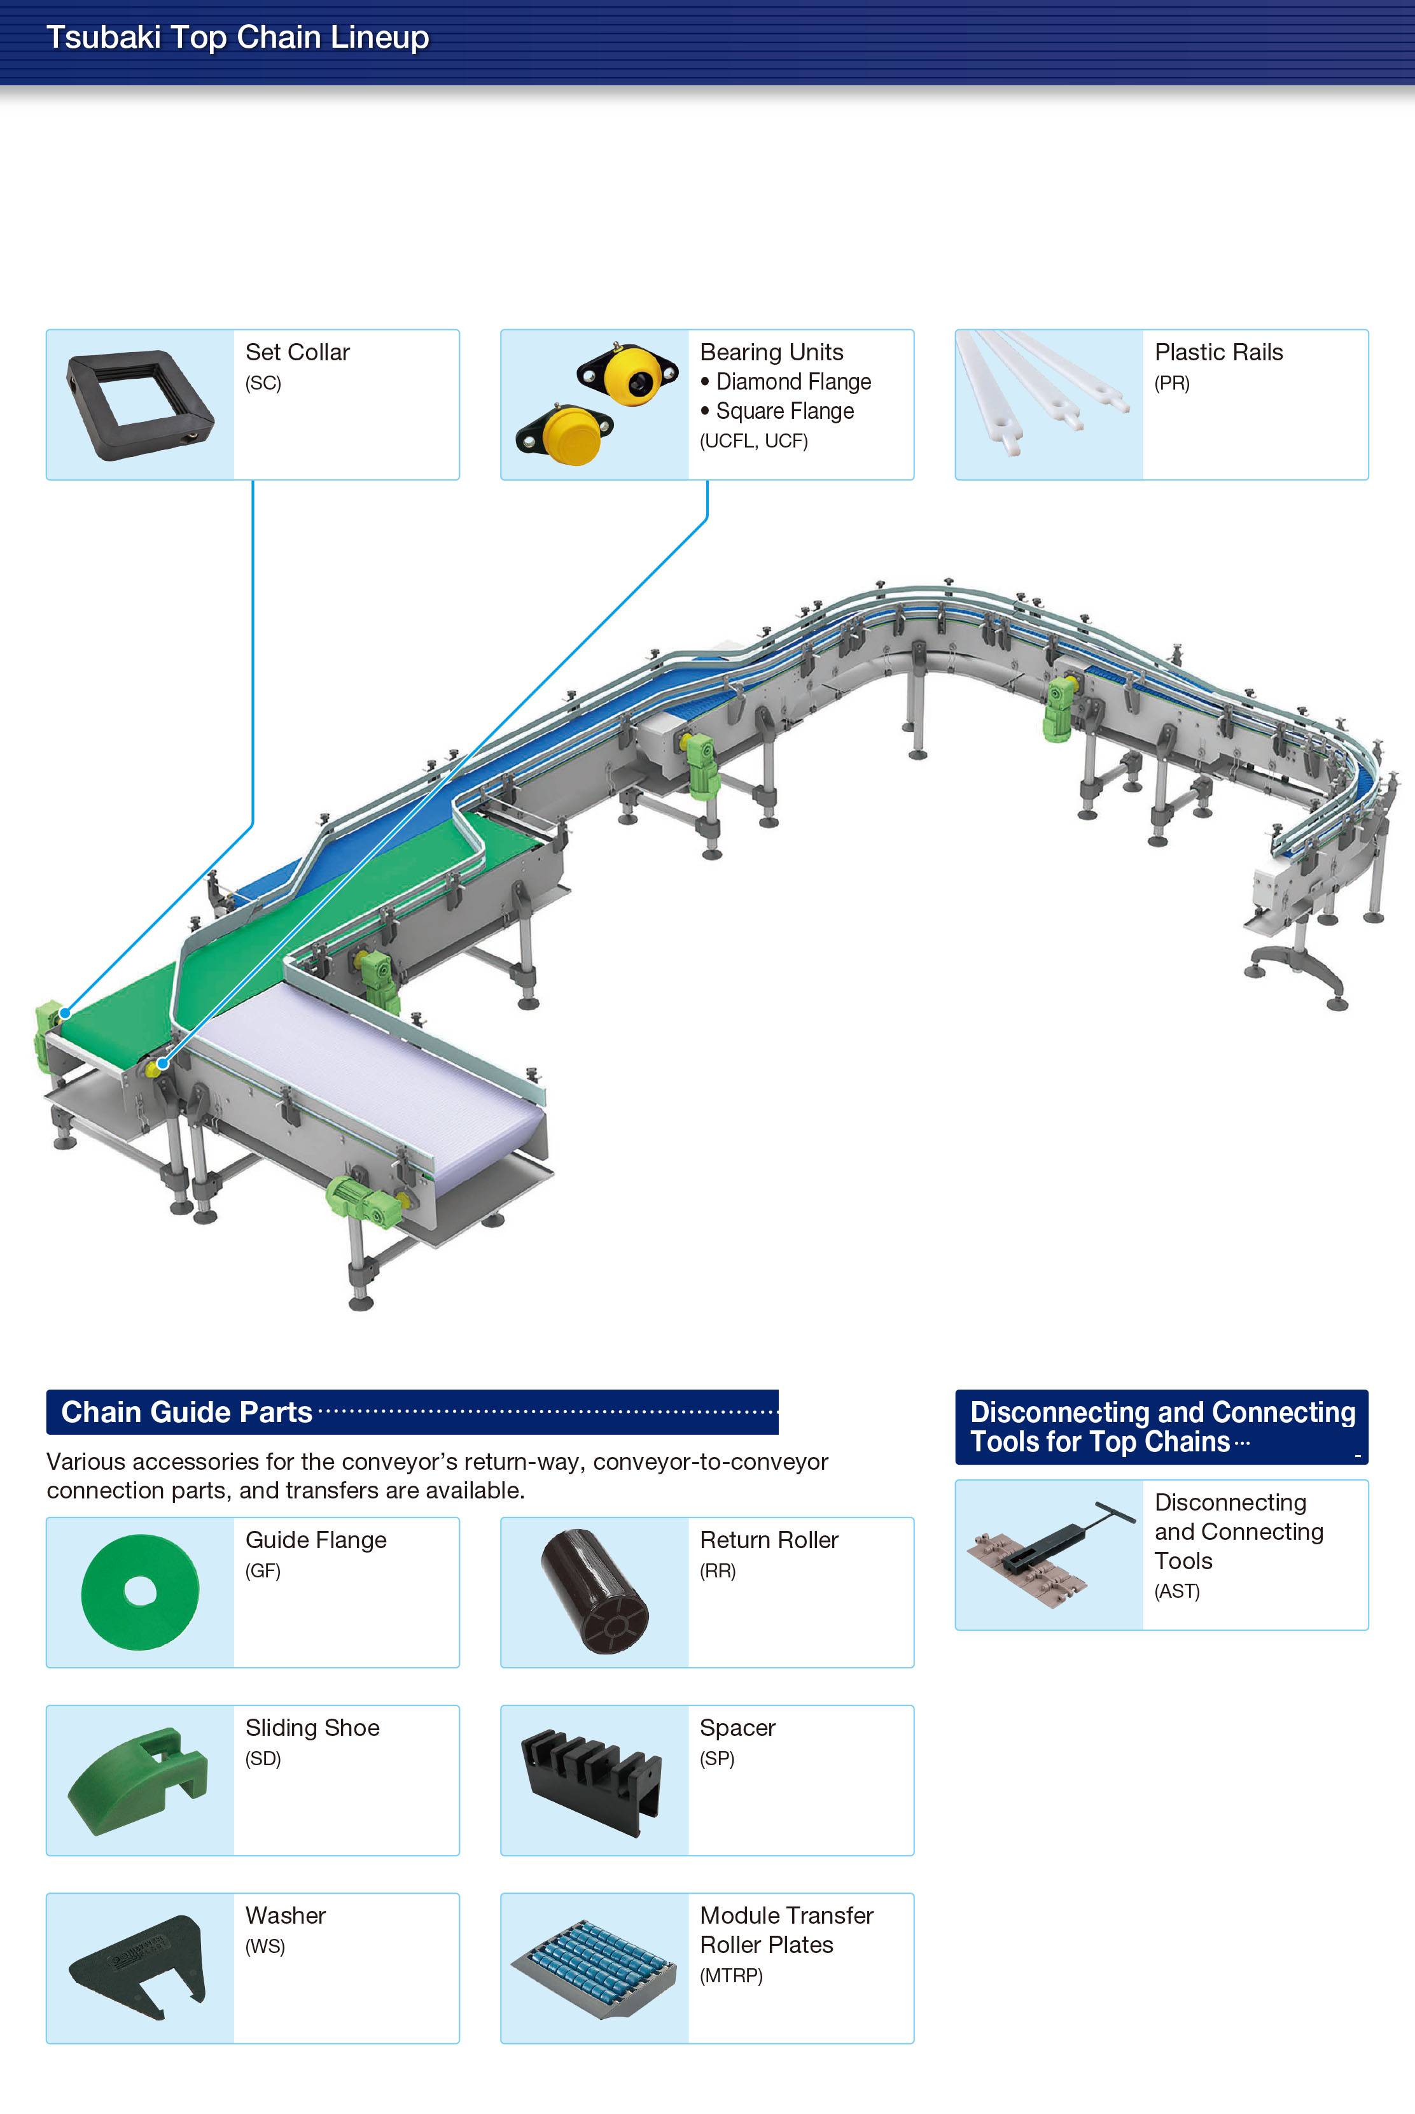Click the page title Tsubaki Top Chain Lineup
point(237,38)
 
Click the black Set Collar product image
point(140,404)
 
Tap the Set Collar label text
point(297,352)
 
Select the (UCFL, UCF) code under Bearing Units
point(753,440)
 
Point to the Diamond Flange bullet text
point(792,382)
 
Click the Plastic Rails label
point(1218,352)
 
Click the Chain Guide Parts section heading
point(187,1412)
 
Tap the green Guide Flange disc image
point(140,1591)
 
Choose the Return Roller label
point(769,1540)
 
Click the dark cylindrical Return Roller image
point(595,1591)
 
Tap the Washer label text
point(285,1915)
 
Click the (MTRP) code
point(731,1976)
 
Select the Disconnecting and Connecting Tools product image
point(1047,1554)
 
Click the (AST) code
point(1177,1591)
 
